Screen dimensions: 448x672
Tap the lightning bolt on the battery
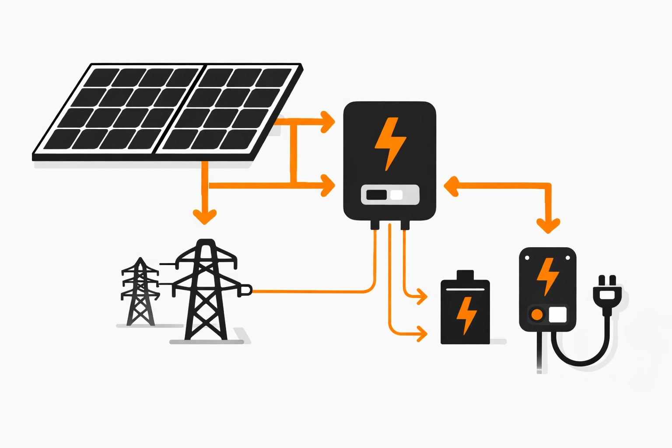coord(466,315)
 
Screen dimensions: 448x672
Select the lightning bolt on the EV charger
coord(547,276)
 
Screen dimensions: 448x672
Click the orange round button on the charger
coord(537,314)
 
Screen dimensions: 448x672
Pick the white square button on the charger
coord(557,314)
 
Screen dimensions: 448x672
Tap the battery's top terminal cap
coord(465,275)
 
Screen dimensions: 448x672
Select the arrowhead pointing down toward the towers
coord(205,217)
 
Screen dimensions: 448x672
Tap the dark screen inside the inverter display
coord(376,195)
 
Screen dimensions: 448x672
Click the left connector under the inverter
coord(375,225)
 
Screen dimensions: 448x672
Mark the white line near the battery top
coord(465,289)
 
